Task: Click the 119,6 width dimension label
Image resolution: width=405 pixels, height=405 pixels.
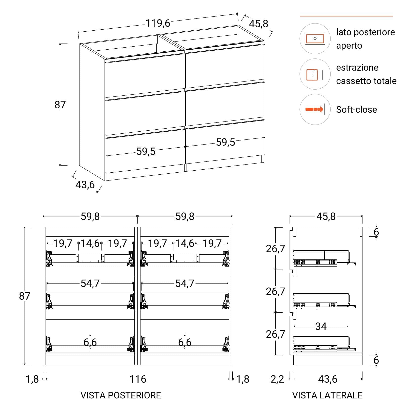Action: click(158, 23)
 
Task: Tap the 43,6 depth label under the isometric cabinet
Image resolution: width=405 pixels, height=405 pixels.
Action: click(85, 185)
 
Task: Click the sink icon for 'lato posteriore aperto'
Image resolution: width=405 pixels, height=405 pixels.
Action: click(315, 38)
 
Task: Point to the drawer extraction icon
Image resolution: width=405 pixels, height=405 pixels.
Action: click(315, 75)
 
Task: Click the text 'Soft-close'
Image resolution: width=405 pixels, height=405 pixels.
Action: click(356, 110)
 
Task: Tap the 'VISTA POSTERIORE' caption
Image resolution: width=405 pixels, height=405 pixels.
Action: click(121, 395)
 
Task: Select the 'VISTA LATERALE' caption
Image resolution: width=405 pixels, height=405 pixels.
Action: click(327, 395)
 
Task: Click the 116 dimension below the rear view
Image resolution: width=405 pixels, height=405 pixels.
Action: click(138, 379)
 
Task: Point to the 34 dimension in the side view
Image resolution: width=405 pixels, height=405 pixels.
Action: click(321, 327)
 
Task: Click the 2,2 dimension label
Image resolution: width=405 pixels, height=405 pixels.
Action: click(277, 379)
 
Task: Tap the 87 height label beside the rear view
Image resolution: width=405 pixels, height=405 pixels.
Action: click(25, 296)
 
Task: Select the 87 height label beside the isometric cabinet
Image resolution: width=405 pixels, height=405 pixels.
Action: click(60, 105)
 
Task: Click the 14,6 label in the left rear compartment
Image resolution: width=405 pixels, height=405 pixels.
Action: click(90, 243)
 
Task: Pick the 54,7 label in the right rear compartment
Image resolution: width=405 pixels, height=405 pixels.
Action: click(185, 283)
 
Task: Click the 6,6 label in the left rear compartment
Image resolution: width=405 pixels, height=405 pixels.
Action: click(90, 342)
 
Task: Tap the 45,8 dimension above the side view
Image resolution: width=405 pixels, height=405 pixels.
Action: click(326, 217)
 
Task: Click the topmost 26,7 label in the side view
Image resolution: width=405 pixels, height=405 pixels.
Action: click(275, 249)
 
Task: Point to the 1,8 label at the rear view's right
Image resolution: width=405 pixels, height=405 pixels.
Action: click(243, 379)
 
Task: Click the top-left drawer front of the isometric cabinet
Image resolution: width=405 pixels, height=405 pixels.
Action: click(145, 75)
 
